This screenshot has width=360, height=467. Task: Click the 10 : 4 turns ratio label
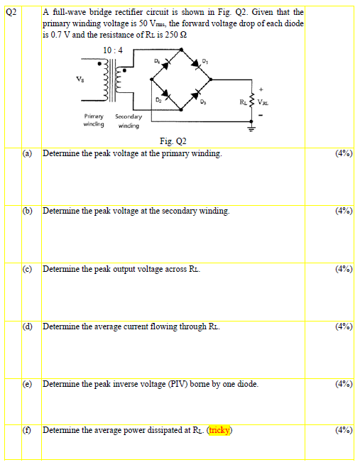click(x=113, y=50)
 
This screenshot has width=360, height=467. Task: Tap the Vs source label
click(x=70, y=79)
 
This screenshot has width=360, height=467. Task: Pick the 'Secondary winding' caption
click(x=129, y=120)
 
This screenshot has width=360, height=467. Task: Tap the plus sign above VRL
click(x=261, y=90)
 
